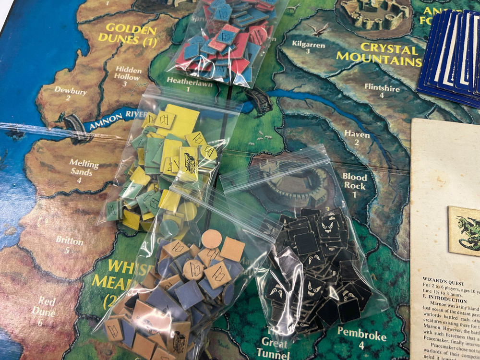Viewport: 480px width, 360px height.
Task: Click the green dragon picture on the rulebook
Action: tap(465, 230)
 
